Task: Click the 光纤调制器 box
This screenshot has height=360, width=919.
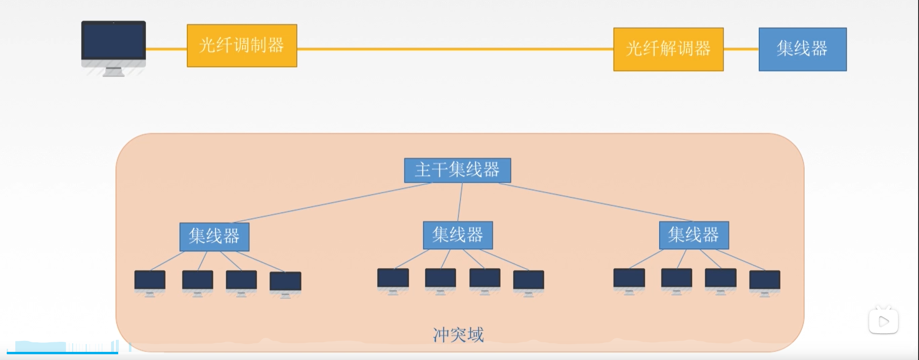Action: [x=242, y=45]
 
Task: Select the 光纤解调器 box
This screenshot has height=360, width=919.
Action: [x=668, y=49]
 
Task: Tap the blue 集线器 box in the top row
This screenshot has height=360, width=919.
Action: [x=802, y=49]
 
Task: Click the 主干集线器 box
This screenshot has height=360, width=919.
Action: [x=457, y=170]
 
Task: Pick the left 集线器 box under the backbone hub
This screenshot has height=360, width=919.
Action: [x=214, y=236]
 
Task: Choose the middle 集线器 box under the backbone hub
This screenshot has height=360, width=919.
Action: [x=458, y=235]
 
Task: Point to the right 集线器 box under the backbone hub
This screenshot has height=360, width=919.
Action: [x=694, y=235]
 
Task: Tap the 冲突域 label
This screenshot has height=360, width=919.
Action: [x=458, y=335]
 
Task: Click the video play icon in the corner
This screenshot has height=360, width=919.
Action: [x=883, y=321]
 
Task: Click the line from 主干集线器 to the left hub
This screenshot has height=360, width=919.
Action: [x=330, y=202]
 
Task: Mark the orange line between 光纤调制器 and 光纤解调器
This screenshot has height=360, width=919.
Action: [x=455, y=49]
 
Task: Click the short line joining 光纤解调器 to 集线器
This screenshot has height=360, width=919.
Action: [x=741, y=49]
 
